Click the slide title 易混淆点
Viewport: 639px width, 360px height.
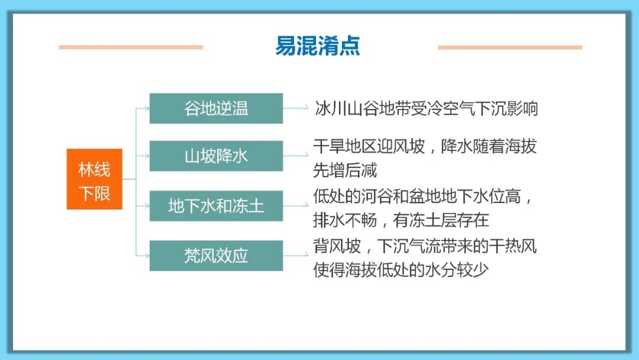318,46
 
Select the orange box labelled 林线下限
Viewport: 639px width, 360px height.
94,179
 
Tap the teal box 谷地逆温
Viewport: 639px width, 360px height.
216,108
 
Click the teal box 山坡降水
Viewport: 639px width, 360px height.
216,156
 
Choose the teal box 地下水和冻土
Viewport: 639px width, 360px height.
216,206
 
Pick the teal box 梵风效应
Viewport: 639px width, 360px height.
216,256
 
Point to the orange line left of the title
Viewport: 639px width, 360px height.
131,47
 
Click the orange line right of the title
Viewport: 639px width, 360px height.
509,47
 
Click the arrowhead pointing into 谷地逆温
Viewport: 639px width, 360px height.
146,108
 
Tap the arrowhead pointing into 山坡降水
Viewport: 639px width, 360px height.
146,156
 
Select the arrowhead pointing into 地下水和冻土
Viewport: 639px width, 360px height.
146,206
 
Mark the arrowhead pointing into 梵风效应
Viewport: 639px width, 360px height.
146,256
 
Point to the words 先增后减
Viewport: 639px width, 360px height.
345,171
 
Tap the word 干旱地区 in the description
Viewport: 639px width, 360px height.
344,146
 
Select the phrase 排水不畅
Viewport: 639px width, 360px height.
345,220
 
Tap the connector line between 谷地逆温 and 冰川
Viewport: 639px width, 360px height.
296,108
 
